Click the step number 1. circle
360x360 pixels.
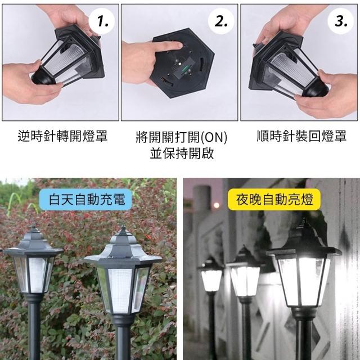click(102, 21)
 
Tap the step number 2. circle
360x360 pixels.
click(221, 21)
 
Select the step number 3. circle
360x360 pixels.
click(340, 21)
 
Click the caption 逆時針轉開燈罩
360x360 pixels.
click(62, 136)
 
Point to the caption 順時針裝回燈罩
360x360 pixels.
click(301, 136)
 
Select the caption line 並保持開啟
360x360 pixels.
click(182, 154)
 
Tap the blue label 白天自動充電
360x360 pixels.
click(86, 199)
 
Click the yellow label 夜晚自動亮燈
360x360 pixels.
click(274, 199)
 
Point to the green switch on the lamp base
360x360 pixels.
click(183, 68)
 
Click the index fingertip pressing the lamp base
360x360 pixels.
click(179, 46)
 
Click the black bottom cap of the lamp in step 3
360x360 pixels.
click(315, 88)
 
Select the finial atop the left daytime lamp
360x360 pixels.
click(34, 228)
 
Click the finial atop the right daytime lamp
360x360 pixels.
click(123, 230)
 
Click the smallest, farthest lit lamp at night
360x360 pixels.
click(211, 275)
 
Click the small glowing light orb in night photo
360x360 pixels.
click(216, 205)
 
